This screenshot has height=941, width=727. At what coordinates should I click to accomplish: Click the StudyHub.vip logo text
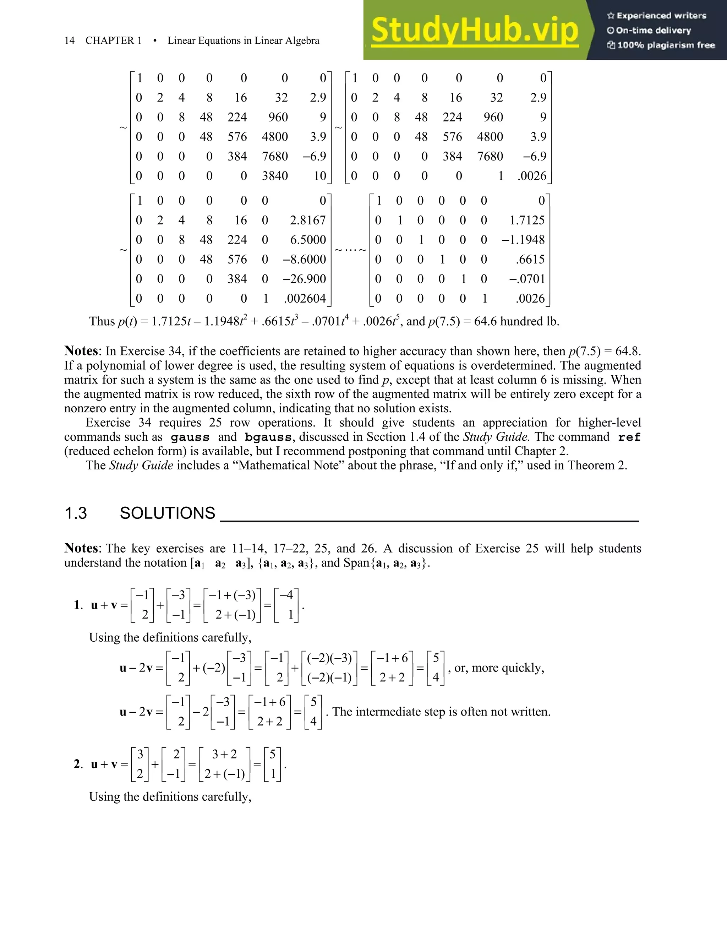tap(475, 30)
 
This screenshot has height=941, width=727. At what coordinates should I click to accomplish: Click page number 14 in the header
tap(69, 40)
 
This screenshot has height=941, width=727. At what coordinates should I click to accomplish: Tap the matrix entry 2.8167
tap(307, 220)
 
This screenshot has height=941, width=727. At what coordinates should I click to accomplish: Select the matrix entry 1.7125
tap(527, 220)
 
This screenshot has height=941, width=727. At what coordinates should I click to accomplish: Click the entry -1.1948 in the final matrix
tap(523, 240)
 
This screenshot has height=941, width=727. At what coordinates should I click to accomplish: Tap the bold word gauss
tap(190, 437)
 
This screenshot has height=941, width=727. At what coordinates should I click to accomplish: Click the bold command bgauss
tap(268, 437)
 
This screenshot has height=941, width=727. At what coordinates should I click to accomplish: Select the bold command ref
tap(629, 437)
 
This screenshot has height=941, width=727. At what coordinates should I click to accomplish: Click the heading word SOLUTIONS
tap(167, 513)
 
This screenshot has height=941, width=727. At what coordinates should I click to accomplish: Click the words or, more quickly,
tap(499, 668)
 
